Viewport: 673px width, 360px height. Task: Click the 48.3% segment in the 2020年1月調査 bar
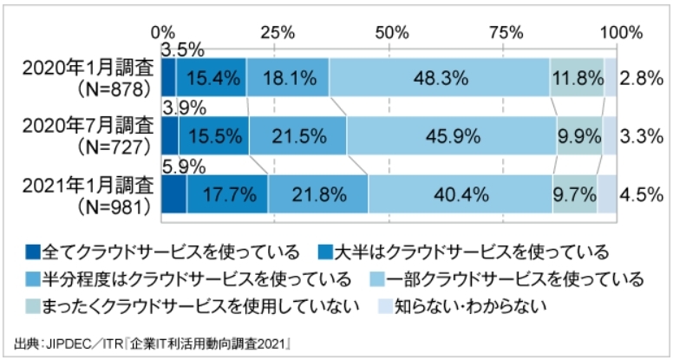439,78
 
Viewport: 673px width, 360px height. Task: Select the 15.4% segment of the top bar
211,78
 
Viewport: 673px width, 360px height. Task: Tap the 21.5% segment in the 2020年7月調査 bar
298,135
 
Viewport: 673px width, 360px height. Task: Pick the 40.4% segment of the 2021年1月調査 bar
460,193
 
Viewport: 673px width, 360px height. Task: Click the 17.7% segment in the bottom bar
227,193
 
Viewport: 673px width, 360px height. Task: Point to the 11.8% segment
577,78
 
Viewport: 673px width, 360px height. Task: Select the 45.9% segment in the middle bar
451,135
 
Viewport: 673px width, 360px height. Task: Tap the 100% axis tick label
619,32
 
